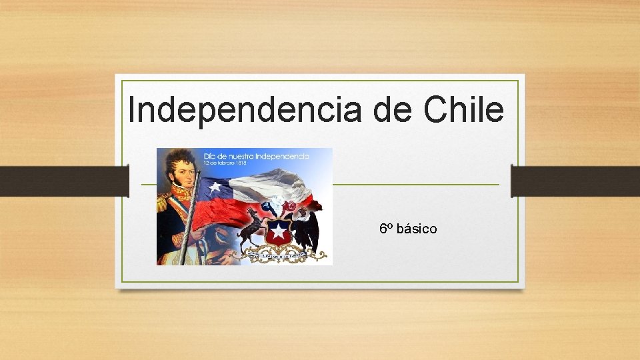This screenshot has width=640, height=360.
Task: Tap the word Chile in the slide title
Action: (x=463, y=109)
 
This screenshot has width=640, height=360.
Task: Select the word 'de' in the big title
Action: (x=393, y=109)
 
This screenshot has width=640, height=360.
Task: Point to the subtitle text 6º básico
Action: (x=408, y=229)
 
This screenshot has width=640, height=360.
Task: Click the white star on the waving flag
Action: (x=215, y=187)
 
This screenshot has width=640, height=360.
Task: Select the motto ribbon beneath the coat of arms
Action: (x=278, y=254)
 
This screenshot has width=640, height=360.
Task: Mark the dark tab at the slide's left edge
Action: (x=64, y=181)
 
